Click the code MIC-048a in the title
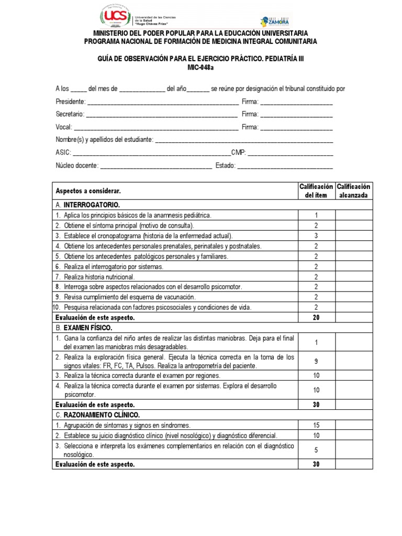200,68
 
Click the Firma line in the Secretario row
296,114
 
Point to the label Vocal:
64,127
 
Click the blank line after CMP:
291,153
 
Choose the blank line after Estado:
285,166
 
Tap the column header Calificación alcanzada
353,191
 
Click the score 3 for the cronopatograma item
316,236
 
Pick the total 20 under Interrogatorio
316,317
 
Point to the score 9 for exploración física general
316,361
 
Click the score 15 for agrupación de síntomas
316,425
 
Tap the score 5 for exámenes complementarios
316,450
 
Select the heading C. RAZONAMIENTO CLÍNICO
100,415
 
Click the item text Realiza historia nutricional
99,276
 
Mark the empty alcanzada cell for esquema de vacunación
354,297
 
